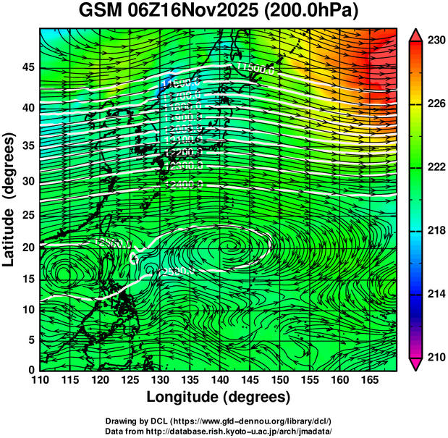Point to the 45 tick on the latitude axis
pyautogui.click(x=27, y=67)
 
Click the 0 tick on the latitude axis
pyautogui.click(x=31, y=369)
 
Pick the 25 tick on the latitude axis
pyautogui.click(x=27, y=214)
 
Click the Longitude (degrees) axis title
pyautogui.click(x=219, y=397)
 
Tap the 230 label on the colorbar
pyautogui.click(x=436, y=41)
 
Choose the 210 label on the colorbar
pyautogui.click(x=436, y=357)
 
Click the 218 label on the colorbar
pyautogui.click(x=436, y=231)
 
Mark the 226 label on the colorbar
pyautogui.click(x=436, y=104)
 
